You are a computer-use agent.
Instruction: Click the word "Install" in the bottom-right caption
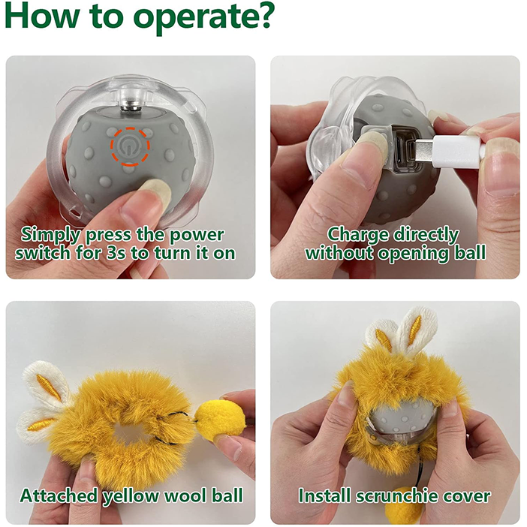pos(325,495)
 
